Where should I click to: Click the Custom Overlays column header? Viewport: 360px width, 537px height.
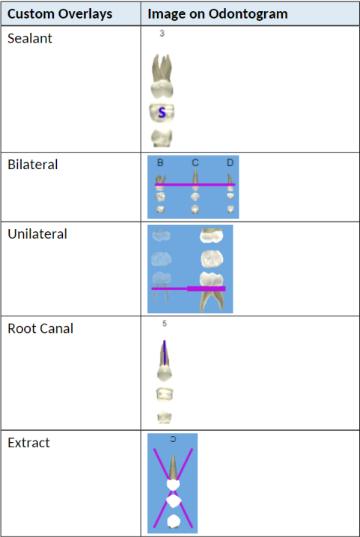[x=60, y=14]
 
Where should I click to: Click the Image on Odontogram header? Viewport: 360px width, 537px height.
[x=217, y=14]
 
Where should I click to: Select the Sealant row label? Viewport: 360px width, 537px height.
[x=30, y=38]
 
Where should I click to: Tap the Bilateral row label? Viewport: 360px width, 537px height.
[x=33, y=165]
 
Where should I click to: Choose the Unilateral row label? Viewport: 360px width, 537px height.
[x=37, y=234]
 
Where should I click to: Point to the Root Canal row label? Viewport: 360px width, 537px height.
[x=40, y=329]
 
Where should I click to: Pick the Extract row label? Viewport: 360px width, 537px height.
[x=28, y=443]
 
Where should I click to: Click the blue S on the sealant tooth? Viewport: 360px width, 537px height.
[x=162, y=113]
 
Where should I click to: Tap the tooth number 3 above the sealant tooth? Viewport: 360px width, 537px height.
[x=162, y=34]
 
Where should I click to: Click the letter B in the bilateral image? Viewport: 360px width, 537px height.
[x=160, y=163]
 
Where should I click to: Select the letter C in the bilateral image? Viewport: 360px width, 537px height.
[x=195, y=163]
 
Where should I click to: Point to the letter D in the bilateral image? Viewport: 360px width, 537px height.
[x=230, y=163]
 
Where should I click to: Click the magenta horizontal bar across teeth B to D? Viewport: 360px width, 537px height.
[x=195, y=185]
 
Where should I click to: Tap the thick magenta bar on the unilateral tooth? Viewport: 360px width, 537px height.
[x=207, y=289]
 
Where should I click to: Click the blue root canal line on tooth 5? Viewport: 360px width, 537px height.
[x=165, y=352]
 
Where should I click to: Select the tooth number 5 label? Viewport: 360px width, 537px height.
[x=165, y=324]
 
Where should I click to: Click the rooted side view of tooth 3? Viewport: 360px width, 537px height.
[x=162, y=76]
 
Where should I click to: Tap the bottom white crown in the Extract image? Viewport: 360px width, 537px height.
[x=174, y=521]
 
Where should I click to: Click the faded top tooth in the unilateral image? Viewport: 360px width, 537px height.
[x=161, y=236]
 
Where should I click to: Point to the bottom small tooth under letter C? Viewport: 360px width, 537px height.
[x=195, y=209]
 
